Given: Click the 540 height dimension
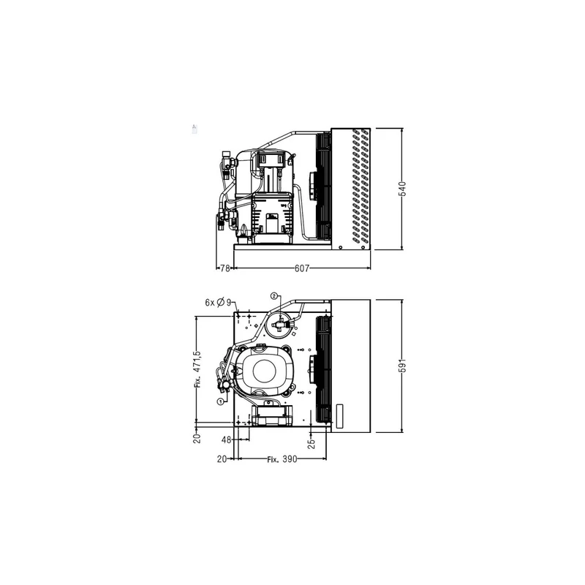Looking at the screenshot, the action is (x=402, y=189).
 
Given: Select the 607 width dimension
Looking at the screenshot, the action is (x=302, y=268).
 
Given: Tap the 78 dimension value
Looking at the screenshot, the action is (x=224, y=268).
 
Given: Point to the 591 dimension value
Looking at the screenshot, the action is (x=402, y=366).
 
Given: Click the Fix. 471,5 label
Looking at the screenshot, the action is (x=197, y=369).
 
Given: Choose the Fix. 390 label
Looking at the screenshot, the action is (x=282, y=459).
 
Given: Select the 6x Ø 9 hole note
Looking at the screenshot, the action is (x=218, y=303).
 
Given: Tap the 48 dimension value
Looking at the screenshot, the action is (x=227, y=440).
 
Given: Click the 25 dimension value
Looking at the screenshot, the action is (x=312, y=443).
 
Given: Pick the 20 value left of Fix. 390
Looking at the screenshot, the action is (x=222, y=459).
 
